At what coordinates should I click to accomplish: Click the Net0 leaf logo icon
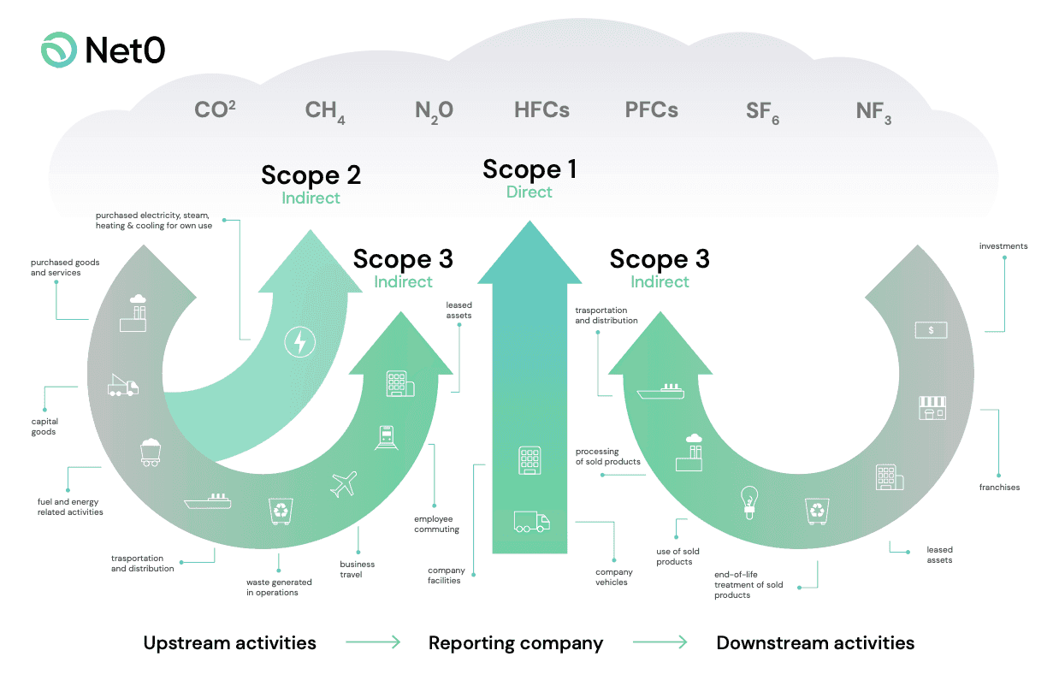point(59,50)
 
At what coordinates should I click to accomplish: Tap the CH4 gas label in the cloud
point(325,111)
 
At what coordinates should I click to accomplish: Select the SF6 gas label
point(761,112)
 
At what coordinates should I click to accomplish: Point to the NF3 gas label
point(873,112)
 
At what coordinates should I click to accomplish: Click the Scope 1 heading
point(529,169)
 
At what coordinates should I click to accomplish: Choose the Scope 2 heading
point(311,175)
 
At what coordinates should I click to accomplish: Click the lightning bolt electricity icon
point(299,343)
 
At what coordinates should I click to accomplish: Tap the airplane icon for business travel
point(343,484)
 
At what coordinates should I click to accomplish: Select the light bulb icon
point(749,503)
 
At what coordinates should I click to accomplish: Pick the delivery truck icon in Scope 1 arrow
point(531,521)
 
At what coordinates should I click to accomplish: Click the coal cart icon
point(151,452)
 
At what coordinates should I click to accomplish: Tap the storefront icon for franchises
point(932,407)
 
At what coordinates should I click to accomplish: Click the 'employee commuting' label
point(436,524)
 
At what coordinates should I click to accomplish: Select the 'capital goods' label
point(44,427)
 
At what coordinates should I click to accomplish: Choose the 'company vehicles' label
point(614,577)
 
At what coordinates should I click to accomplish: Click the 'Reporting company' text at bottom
point(516,643)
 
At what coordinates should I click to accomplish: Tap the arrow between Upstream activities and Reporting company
point(373,642)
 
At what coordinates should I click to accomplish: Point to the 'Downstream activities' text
point(815,643)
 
